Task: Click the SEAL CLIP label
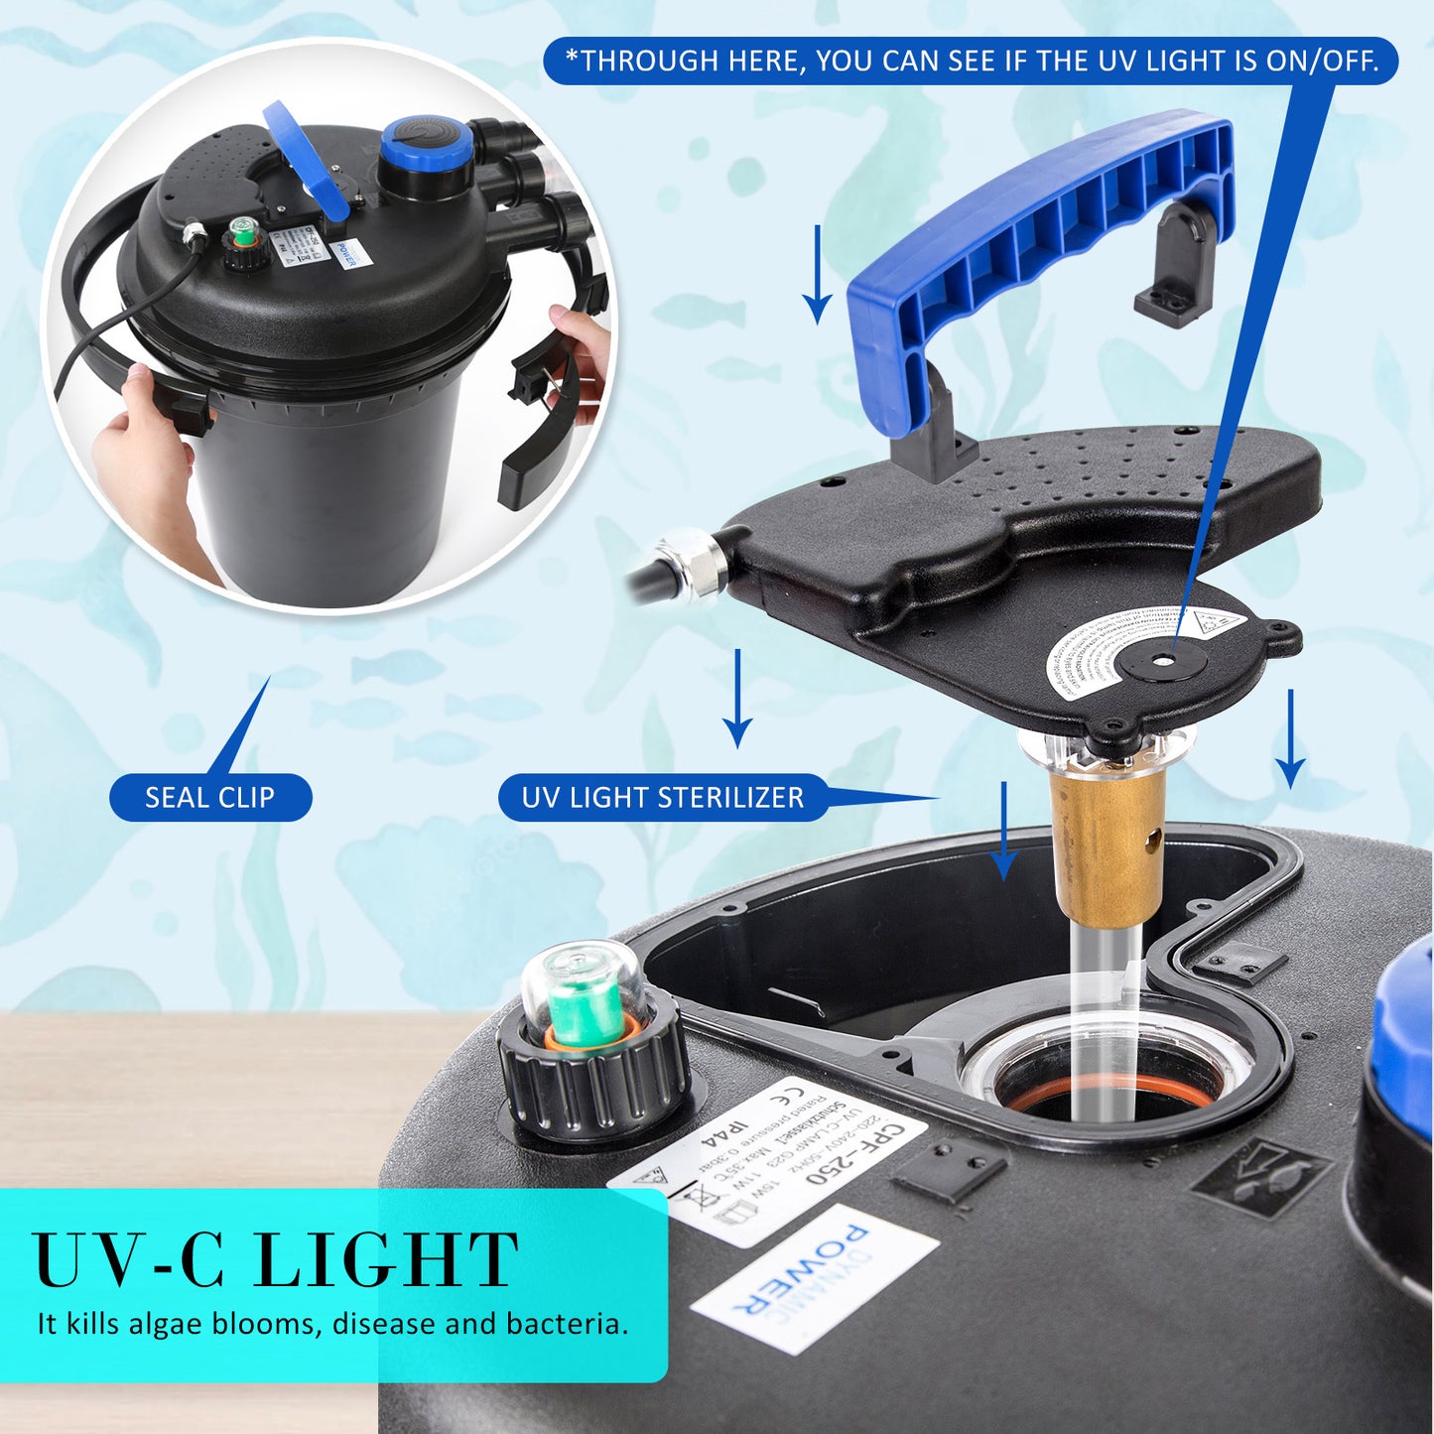(209, 798)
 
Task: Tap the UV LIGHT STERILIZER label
(662, 798)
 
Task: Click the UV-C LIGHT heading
(276, 1260)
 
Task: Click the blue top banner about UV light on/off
(971, 62)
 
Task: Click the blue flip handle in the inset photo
(308, 159)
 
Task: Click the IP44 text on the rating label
(723, 1142)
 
